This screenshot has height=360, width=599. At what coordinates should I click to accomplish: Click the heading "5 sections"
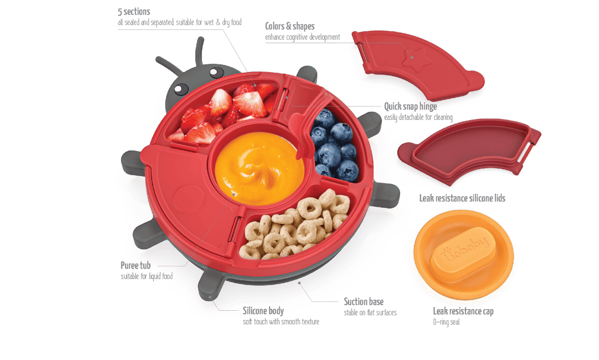(x=134, y=12)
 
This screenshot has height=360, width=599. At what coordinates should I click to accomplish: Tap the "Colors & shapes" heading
(x=290, y=26)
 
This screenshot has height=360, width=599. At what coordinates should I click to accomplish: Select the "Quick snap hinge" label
(x=411, y=106)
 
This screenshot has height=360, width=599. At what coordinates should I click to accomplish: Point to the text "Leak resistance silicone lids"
(x=462, y=198)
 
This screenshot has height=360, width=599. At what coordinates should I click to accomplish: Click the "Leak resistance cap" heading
(x=463, y=311)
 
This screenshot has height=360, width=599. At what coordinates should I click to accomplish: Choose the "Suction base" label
(x=364, y=301)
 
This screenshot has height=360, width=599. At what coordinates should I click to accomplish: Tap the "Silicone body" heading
(x=263, y=311)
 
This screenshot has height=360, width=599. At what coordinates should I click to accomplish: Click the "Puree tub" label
(x=136, y=265)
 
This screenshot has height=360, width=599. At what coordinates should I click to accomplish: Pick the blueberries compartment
(x=335, y=145)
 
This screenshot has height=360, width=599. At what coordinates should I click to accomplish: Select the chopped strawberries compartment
(x=223, y=114)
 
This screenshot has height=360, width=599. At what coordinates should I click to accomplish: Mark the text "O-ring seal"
(x=446, y=322)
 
